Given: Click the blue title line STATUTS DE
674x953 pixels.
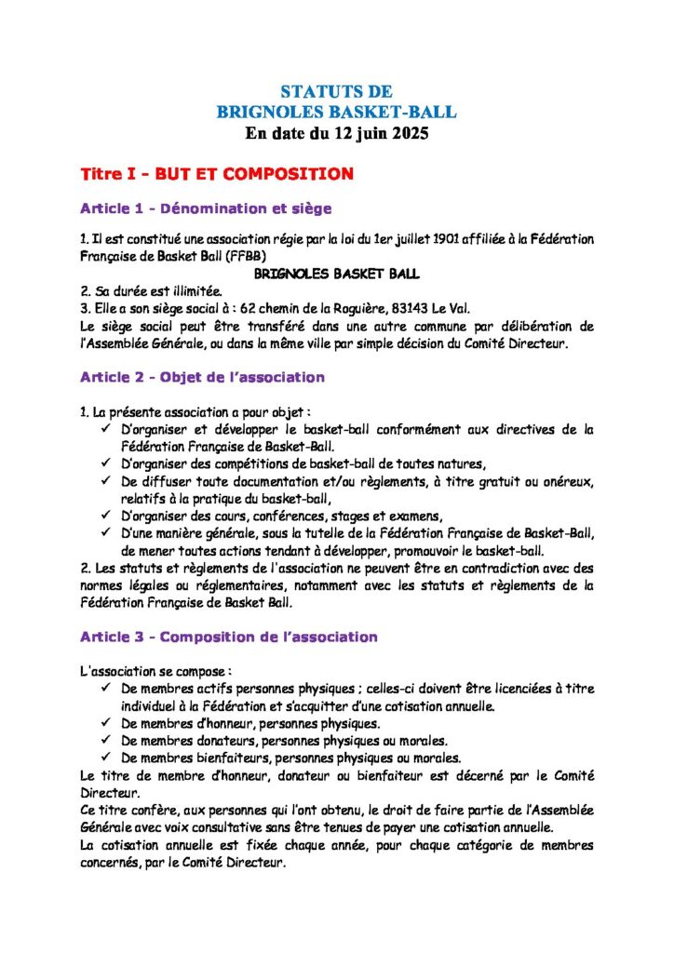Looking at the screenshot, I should (336, 92).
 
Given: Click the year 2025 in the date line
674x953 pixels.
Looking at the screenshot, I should (408, 133).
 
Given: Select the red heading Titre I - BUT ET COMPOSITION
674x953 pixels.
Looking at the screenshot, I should (217, 174).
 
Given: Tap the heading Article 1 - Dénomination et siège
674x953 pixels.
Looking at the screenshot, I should (206, 208).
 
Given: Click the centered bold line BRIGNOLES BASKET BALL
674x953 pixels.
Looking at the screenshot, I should (336, 274).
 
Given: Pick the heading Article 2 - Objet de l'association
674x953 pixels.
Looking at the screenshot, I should (202, 378).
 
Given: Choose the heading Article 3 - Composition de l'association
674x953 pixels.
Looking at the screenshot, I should (228, 638).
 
